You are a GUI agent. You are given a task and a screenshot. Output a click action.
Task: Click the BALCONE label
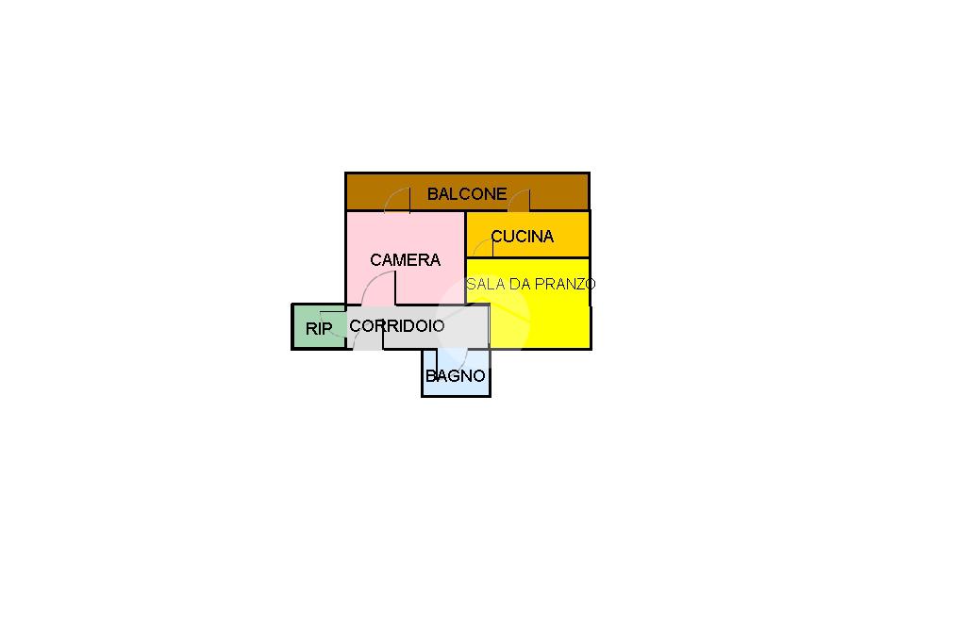[466, 194]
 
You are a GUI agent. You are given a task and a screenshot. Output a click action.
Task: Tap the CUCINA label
[522, 237]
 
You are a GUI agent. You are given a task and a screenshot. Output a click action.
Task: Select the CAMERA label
[405, 260]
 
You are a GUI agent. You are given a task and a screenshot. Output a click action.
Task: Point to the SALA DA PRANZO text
[530, 284]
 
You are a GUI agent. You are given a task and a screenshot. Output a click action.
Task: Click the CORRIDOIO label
[396, 326]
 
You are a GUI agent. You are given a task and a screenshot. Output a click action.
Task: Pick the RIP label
[319, 330]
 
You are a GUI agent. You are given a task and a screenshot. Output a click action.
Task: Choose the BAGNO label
[456, 376]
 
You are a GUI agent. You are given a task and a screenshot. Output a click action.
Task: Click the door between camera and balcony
[398, 201]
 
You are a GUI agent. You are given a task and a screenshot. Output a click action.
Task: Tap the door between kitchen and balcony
[520, 201]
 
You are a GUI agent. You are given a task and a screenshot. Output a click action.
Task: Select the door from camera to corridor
[383, 288]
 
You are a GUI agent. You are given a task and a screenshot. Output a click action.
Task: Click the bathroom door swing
[453, 360]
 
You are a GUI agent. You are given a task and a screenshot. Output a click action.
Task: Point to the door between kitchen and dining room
[482, 247]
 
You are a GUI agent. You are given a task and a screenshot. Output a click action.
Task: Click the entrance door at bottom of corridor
[368, 338]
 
